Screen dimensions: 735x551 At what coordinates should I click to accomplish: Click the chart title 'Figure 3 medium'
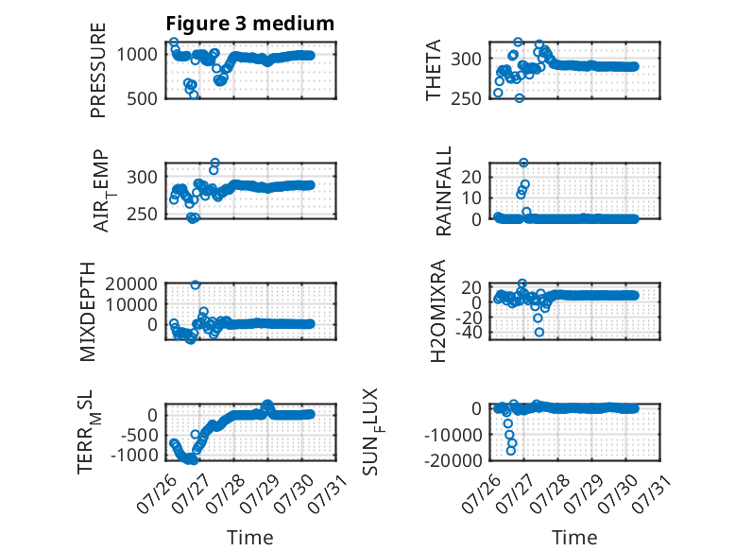249,24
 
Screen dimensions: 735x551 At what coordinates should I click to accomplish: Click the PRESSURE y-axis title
98,70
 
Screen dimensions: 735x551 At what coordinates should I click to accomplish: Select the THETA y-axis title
434,70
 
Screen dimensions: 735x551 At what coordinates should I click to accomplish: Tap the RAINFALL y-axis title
443,191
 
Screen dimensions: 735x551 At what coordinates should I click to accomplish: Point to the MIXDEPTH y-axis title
87,312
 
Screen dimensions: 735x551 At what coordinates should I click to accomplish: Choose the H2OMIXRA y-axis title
437,311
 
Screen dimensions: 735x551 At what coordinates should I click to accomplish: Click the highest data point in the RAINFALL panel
523,163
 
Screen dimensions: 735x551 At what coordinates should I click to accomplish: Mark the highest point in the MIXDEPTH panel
196,284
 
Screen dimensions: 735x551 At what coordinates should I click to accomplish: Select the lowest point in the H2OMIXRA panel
539,332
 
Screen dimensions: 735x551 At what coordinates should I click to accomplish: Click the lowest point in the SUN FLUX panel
510,451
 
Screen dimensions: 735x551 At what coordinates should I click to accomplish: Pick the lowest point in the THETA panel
520,98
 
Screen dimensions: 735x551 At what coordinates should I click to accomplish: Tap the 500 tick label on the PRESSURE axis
143,98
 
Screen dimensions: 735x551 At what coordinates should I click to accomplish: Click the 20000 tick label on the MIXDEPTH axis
131,284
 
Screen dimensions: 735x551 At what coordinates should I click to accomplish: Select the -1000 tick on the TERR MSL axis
134,455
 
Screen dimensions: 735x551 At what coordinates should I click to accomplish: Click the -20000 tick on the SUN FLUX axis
453,460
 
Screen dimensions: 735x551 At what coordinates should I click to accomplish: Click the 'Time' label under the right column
574,538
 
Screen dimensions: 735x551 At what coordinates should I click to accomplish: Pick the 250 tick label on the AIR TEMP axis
143,214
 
